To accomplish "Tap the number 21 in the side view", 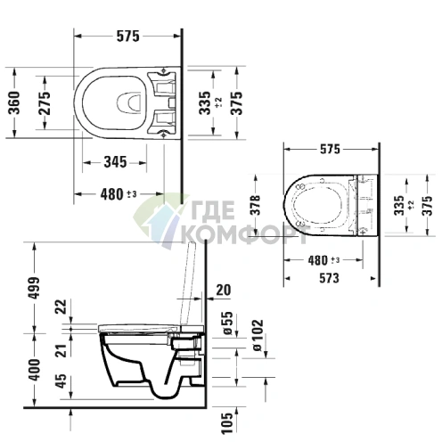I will coord(61,350).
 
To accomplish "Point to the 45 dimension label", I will coord(61,381).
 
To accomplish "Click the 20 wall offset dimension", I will coord(222,288).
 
